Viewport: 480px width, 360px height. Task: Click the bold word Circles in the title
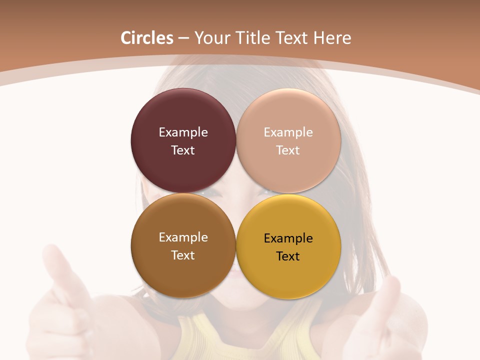coord(147,38)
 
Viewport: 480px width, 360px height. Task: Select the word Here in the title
coord(333,38)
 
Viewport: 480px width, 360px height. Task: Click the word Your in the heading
coord(210,38)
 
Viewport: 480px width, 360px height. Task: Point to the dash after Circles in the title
coord(183,38)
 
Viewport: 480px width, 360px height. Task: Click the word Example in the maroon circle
coord(183,132)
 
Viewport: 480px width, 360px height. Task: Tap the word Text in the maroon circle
coord(183,150)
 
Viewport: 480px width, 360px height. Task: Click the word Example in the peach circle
coord(288,132)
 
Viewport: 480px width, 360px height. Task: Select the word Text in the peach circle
coord(288,150)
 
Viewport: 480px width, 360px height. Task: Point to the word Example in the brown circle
coord(183,237)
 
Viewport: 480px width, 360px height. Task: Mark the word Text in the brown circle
coord(183,255)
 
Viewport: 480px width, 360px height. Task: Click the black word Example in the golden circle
coord(288,238)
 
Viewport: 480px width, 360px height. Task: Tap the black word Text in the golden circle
coord(288,256)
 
